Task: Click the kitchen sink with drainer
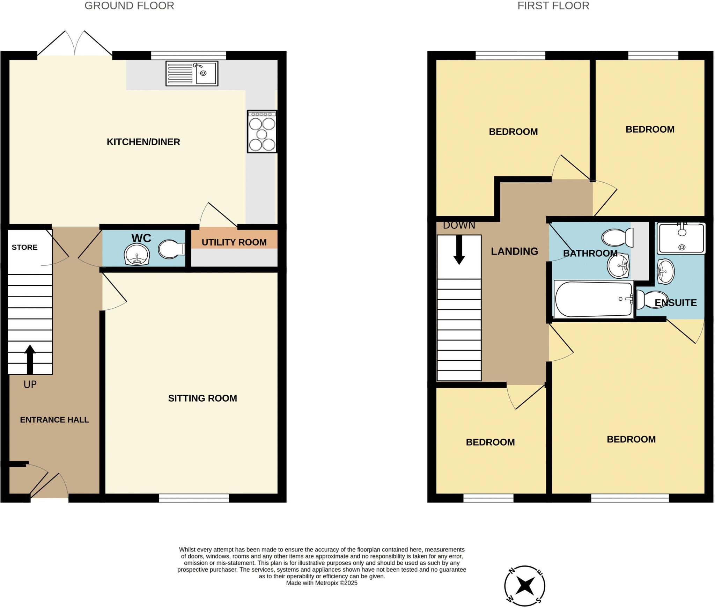click(192, 73)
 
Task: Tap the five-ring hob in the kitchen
click(262, 132)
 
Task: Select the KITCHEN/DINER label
click(143, 142)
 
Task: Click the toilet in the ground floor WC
click(171, 249)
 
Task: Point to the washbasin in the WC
click(137, 254)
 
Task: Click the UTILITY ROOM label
click(234, 242)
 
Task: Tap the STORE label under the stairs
click(24, 247)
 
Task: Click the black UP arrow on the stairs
click(30, 359)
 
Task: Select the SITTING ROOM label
click(202, 398)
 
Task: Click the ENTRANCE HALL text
click(54, 420)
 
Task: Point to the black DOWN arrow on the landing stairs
click(459, 250)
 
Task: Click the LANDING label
click(514, 251)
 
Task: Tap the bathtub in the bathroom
click(594, 299)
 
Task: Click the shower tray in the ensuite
click(681, 239)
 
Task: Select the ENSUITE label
click(676, 303)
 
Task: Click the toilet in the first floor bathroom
click(617, 237)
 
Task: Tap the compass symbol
click(524, 586)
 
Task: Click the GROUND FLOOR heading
click(129, 6)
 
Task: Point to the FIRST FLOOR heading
click(553, 6)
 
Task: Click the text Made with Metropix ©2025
click(322, 583)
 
